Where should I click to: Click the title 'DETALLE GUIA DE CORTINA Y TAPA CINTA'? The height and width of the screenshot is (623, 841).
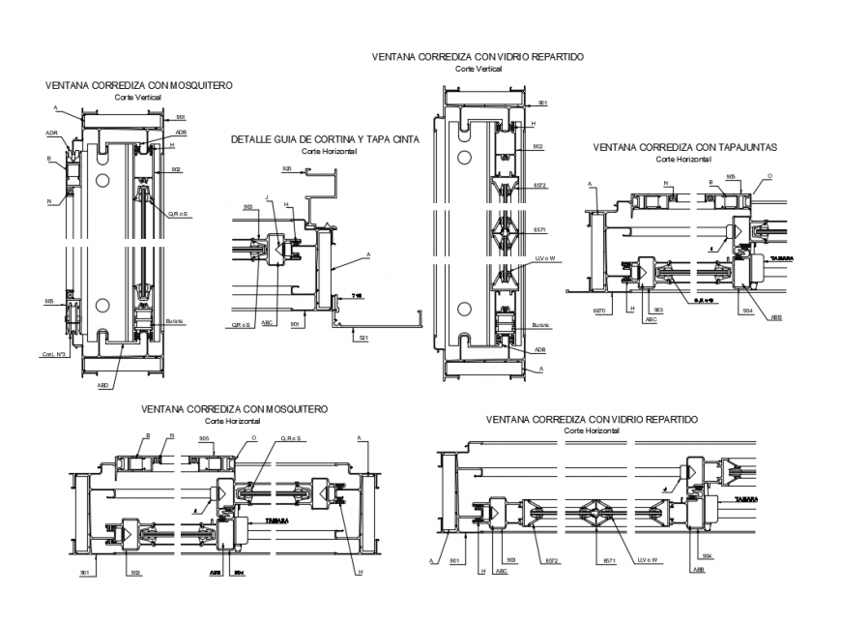(x=325, y=140)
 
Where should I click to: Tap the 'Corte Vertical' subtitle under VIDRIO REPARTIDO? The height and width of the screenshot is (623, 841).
(x=478, y=70)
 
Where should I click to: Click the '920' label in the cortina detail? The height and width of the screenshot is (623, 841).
(x=287, y=168)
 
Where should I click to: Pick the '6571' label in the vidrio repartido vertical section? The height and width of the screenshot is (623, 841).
(x=540, y=230)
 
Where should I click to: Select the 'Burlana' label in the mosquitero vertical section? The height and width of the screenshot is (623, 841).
(x=174, y=321)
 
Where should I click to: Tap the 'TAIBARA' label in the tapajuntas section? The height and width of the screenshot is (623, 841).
(x=781, y=258)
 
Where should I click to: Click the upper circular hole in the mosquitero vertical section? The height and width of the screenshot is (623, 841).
(x=101, y=181)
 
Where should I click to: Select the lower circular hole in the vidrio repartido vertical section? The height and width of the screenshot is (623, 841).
(x=463, y=310)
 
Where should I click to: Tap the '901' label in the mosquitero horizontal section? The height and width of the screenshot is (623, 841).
(x=85, y=572)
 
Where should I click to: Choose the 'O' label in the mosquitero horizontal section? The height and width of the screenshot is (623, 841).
(x=253, y=437)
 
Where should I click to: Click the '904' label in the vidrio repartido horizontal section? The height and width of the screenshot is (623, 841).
(x=707, y=555)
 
